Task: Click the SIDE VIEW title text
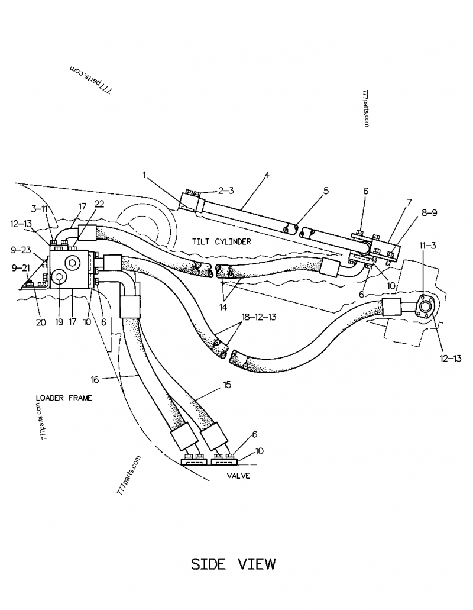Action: (x=233, y=564)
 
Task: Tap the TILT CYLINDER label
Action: (x=221, y=242)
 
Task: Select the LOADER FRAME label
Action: (x=64, y=398)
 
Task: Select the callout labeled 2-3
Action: (x=226, y=191)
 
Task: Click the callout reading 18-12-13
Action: (x=258, y=318)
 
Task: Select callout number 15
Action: (x=226, y=385)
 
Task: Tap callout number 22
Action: (x=99, y=204)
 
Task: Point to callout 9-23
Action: (x=22, y=250)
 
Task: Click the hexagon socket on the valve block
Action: (x=72, y=264)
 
